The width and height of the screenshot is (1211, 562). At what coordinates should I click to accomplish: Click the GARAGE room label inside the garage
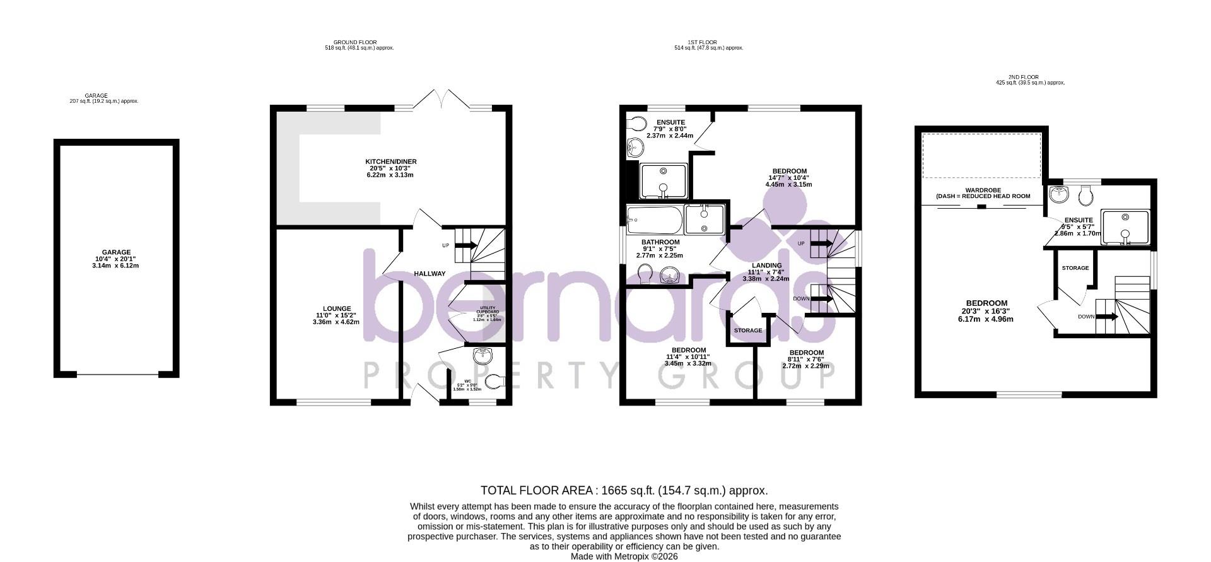click(x=117, y=252)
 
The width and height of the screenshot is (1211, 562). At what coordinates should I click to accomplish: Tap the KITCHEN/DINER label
click(x=391, y=162)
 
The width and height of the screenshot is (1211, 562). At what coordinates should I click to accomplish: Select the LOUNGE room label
click(x=337, y=309)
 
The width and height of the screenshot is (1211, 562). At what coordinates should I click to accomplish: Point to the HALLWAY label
click(x=430, y=274)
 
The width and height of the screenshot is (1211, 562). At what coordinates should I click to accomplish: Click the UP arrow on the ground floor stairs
click(x=466, y=245)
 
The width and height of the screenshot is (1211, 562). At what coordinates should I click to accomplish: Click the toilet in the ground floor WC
click(x=496, y=380)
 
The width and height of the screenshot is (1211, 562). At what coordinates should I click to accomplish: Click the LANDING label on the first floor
click(x=766, y=266)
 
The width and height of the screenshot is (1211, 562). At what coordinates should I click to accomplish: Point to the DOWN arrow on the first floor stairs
click(x=821, y=298)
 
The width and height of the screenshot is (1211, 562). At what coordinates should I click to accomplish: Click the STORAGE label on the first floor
click(x=747, y=331)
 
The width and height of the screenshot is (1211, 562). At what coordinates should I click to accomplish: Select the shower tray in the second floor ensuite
click(x=1125, y=226)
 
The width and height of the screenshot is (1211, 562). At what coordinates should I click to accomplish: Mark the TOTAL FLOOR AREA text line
click(x=624, y=491)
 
